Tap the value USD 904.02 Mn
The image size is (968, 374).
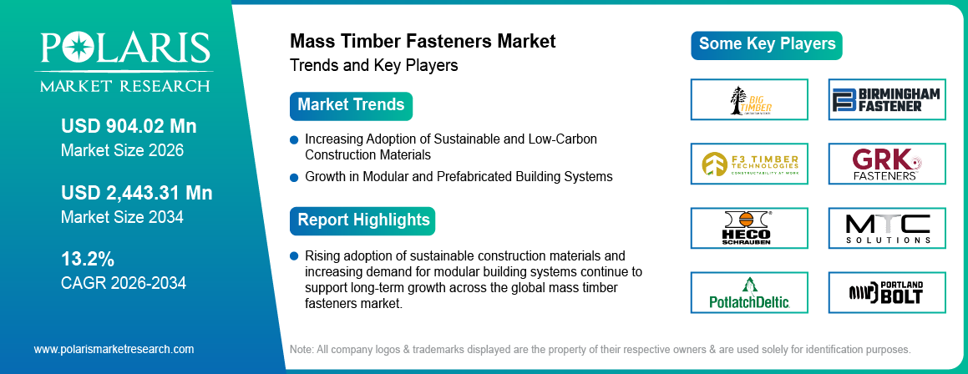point(129,127)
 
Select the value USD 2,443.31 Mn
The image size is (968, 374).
point(136,193)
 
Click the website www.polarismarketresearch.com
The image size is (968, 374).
point(114,349)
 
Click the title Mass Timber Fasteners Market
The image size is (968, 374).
point(422,41)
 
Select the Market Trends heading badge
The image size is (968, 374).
point(351,105)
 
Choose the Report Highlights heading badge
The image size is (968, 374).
point(363,220)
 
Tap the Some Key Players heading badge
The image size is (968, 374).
point(767,44)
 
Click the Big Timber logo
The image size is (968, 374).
point(749,100)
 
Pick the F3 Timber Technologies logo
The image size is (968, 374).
point(749,164)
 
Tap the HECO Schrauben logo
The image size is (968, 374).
point(749,229)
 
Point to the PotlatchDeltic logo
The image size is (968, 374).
point(749,293)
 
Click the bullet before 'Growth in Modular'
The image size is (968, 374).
point(294,177)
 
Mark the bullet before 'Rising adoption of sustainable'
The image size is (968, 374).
point(294,255)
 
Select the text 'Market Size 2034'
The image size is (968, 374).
point(122,217)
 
